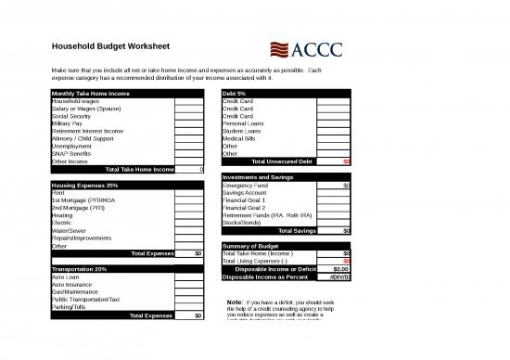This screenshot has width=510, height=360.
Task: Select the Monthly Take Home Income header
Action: pos(90,93)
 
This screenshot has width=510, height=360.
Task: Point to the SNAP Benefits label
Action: pos(70,153)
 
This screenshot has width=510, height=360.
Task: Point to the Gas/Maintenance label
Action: pos(75,291)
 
